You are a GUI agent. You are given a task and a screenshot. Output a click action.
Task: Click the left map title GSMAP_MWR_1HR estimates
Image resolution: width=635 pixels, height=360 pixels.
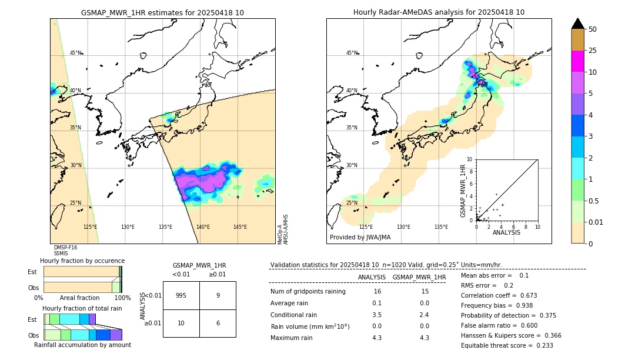click(162, 12)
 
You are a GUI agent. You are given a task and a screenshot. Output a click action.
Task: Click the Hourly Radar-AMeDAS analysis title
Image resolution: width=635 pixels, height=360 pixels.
click(439, 12)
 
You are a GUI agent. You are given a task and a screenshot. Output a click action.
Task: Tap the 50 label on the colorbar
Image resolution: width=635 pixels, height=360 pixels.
click(593, 29)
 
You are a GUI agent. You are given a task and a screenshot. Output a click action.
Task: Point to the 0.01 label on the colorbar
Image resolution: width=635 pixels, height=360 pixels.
click(596, 222)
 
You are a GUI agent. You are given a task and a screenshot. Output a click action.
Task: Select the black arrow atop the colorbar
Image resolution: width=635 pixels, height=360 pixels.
click(578, 24)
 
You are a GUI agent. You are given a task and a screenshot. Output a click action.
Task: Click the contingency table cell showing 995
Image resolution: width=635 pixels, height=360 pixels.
click(181, 295)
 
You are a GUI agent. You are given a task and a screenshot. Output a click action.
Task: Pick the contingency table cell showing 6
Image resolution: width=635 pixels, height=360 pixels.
click(218, 323)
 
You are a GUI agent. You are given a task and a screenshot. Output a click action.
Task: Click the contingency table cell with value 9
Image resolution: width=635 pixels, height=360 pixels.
click(218, 295)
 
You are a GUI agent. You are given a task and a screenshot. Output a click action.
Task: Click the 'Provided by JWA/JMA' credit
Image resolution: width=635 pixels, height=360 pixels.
click(360, 238)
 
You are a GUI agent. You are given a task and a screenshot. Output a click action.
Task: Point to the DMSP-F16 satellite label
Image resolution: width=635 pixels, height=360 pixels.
click(66, 248)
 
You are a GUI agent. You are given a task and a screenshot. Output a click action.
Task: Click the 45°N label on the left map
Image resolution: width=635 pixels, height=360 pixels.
click(76, 53)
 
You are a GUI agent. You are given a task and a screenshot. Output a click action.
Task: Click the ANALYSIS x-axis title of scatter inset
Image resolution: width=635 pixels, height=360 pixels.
click(506, 233)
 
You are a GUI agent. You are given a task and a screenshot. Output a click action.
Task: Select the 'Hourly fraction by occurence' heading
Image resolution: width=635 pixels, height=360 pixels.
click(82, 261)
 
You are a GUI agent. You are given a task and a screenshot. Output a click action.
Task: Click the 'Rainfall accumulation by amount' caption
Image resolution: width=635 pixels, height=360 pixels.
click(83, 345)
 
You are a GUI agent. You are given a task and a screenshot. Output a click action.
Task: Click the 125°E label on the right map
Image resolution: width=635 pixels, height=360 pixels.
click(366, 227)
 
